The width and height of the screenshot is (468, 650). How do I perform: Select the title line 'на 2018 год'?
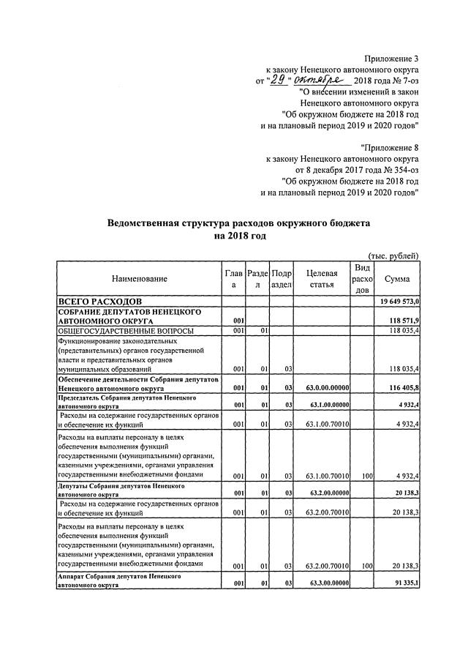coord(240,236)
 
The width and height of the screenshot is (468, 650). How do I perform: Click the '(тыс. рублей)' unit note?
coord(393,255)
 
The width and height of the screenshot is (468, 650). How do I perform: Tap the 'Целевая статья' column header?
coord(322,279)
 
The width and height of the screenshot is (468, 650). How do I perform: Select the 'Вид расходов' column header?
coord(361,279)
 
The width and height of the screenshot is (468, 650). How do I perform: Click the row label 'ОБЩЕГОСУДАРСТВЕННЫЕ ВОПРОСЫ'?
coord(126,331)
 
